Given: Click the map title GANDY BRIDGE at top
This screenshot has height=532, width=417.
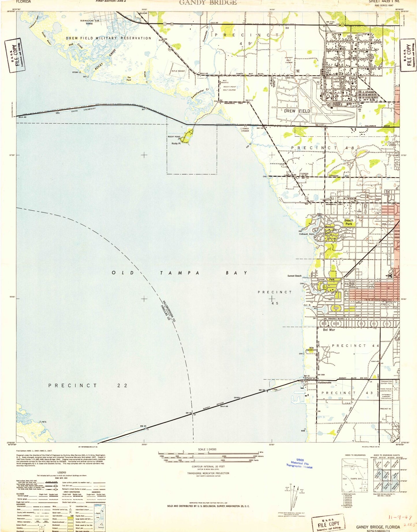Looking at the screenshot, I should pos(208,3).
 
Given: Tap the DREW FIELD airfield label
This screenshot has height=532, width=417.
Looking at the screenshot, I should pos(297,111).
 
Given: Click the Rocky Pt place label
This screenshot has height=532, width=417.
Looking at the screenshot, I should pos(176,143).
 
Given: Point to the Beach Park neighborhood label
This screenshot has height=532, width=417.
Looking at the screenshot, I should pos(349,222).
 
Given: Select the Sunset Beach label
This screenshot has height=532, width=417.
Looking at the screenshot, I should pos(294,276).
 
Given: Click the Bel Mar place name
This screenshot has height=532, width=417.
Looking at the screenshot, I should pos(329,330).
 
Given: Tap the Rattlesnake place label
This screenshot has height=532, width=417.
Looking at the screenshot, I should pos(324,383).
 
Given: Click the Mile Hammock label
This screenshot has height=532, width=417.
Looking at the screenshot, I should pos(311,349).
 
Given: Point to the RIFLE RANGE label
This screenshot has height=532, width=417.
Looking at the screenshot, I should pos(178,71).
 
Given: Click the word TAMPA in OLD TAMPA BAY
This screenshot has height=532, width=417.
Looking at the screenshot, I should pos(179,273).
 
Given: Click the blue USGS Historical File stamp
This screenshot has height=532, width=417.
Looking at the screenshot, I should pos(299,464).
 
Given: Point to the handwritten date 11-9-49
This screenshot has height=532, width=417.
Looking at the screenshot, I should pos(401,518).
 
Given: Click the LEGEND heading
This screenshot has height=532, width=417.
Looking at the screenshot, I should pos(62,472).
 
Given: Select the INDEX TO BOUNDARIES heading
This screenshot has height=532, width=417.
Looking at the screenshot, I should pos(355,455).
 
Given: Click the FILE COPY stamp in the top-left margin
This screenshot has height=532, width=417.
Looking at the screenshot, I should pos(14,55).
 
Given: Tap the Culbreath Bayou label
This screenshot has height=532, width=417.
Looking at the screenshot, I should pos(306,234).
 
